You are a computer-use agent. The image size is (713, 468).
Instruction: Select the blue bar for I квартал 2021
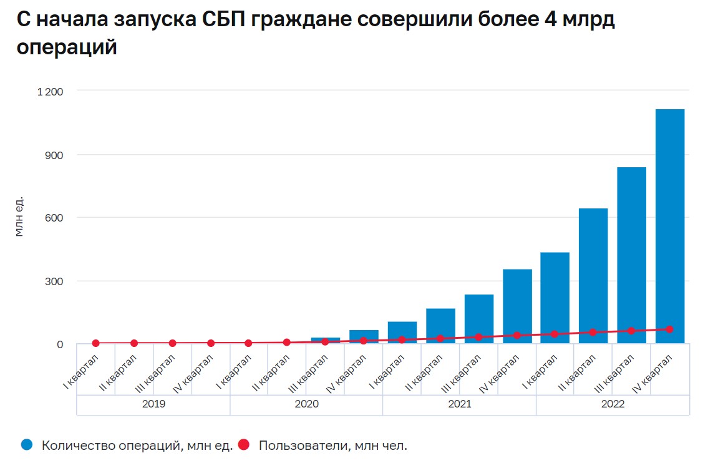[402, 331]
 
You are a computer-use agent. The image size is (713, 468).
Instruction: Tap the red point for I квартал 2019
[95, 343]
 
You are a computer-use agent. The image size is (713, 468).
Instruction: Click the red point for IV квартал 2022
[669, 329]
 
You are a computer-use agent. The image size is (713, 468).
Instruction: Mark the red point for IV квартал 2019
[211, 343]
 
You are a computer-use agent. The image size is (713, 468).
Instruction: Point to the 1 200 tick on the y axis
[51, 91]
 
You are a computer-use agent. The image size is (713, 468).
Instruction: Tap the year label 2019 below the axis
[153, 404]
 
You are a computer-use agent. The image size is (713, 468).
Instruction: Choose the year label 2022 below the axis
[613, 404]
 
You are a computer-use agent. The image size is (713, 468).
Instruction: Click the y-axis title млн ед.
[19, 217]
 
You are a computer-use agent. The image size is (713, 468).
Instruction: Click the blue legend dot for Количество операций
[26, 445]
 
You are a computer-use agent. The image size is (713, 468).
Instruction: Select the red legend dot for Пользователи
[244, 445]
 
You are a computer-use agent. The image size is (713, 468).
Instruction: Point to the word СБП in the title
[222, 19]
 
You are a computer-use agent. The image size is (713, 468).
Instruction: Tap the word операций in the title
[67, 47]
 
